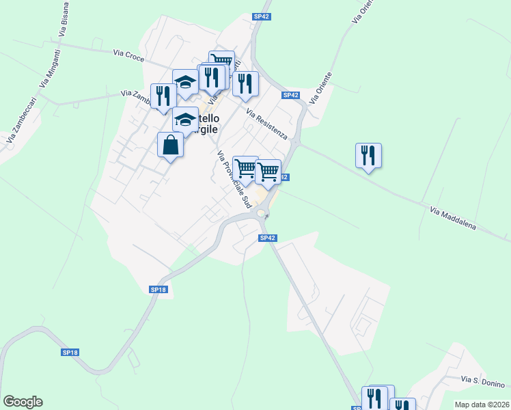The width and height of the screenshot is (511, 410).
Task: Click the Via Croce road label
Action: (129, 55)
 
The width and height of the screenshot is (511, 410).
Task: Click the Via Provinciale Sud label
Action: (234, 180)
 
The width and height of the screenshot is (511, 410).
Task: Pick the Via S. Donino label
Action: (482, 380)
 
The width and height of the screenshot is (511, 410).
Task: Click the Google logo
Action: (23, 402)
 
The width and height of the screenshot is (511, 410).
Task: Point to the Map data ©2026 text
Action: (482, 405)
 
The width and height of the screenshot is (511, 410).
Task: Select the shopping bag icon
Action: (170, 145)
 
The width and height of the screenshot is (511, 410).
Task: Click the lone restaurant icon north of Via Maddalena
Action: (368, 156)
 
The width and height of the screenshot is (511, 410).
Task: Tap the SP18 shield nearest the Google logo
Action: (70, 352)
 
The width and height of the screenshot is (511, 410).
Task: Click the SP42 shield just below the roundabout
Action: (268, 238)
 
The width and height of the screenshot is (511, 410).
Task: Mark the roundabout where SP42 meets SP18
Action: (262, 214)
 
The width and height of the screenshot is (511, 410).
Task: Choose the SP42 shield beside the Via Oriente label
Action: (290, 95)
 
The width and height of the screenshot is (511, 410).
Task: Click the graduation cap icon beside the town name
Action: (184, 120)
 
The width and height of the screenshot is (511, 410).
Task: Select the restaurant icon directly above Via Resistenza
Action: (245, 84)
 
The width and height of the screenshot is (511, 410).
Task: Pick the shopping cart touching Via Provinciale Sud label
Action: (245, 168)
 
